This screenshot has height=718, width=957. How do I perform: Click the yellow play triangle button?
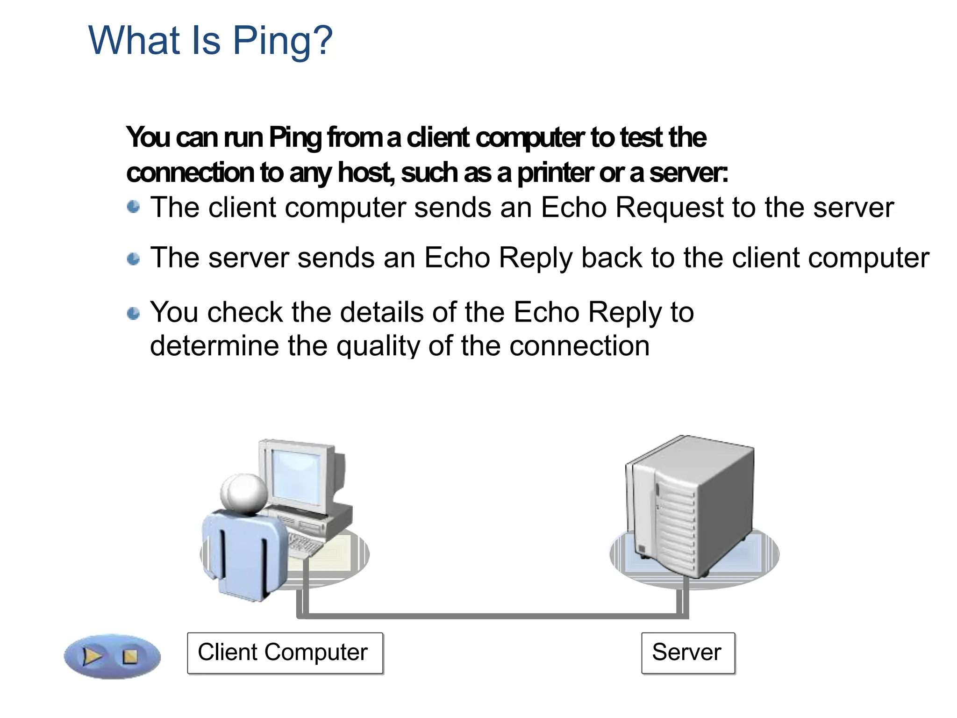(92, 656)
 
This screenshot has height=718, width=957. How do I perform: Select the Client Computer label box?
(285, 653)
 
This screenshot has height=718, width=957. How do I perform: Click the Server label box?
(688, 653)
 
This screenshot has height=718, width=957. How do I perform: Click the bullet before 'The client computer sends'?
(134, 207)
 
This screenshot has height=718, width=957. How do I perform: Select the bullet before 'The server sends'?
(134, 258)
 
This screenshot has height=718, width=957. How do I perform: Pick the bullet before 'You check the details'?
(134, 313)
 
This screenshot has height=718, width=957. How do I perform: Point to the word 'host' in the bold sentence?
(364, 172)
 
